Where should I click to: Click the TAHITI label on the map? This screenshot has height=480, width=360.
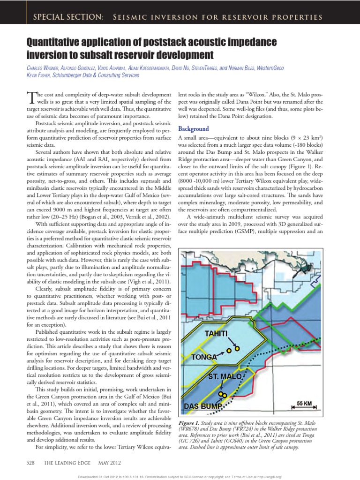click(216, 333)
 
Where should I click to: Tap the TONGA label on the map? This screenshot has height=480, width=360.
click(204, 357)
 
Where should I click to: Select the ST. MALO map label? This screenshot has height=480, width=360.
click(225, 376)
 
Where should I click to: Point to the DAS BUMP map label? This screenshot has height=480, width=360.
click(202, 405)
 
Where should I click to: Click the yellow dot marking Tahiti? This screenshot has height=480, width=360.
click(237, 348)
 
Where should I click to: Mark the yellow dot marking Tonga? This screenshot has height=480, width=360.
click(229, 350)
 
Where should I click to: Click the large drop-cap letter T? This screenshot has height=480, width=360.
click(31, 97)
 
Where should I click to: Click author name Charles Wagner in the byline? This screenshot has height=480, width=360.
click(45, 68)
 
